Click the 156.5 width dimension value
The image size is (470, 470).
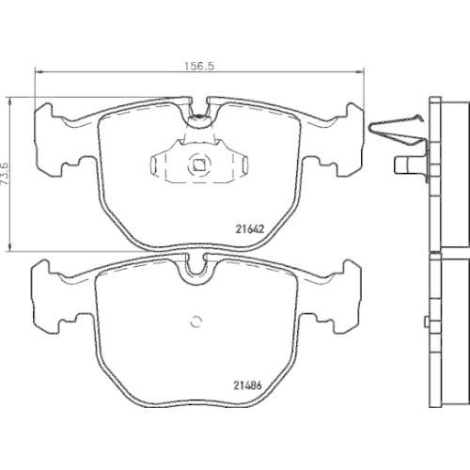pyautogui.click(x=198, y=66)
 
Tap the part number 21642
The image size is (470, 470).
pyautogui.click(x=250, y=229)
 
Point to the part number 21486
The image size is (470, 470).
pyautogui.click(x=247, y=385)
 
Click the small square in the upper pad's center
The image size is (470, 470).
pyautogui.click(x=198, y=164)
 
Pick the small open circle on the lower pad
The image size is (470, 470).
pyautogui.click(x=196, y=321)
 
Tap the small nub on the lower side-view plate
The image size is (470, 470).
pyautogui.click(x=426, y=321)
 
